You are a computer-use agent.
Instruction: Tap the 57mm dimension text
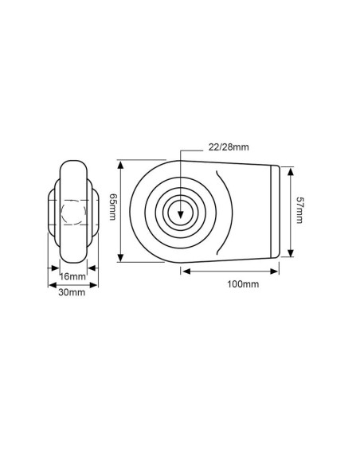(x=301, y=212)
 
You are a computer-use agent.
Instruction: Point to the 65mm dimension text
(x=113, y=211)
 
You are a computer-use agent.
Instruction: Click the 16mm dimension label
(x=72, y=276)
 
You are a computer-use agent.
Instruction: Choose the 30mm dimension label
(x=72, y=293)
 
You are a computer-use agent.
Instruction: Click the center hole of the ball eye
(x=182, y=212)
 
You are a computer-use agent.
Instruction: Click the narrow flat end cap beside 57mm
(x=277, y=211)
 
